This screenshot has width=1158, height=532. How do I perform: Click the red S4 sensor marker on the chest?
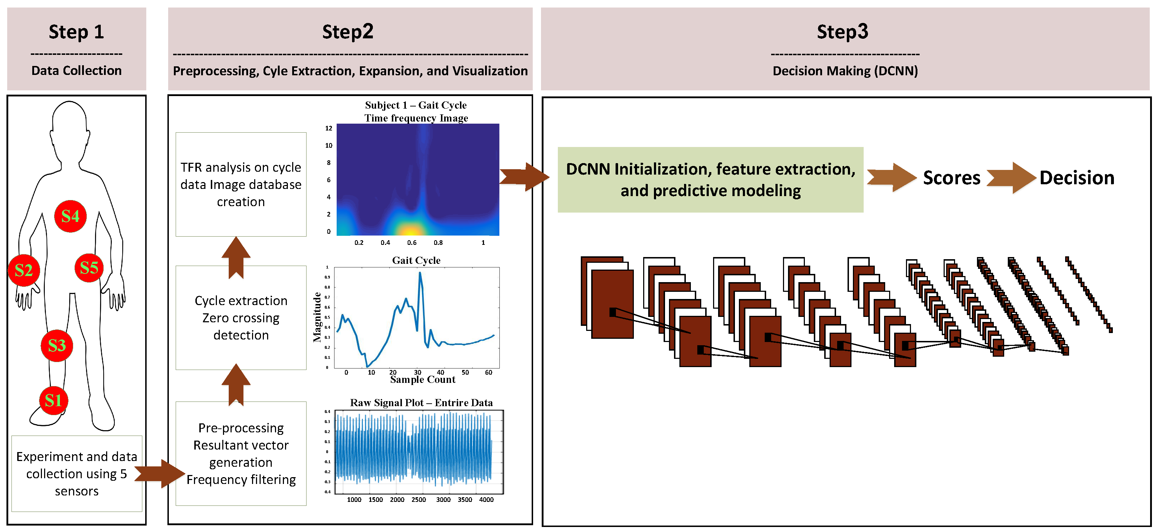(x=70, y=216)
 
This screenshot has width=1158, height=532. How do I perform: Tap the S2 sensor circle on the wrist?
(x=24, y=270)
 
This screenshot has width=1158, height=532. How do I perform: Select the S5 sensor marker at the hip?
(x=89, y=268)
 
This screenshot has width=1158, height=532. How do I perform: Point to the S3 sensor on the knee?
(x=57, y=345)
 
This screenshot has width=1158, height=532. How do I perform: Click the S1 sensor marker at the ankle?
(x=53, y=400)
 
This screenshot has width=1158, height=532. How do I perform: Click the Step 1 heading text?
(x=76, y=32)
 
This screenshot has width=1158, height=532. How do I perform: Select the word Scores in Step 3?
(x=951, y=178)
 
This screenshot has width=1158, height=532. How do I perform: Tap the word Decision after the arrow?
(x=1077, y=178)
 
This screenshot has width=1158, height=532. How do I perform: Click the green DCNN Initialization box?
(x=710, y=180)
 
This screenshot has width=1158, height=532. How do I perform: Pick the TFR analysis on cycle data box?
(x=241, y=184)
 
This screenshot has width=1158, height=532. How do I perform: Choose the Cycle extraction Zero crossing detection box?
(x=241, y=318)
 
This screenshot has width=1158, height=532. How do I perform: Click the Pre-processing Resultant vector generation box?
(x=241, y=453)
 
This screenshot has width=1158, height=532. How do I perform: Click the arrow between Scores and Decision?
(x=1011, y=178)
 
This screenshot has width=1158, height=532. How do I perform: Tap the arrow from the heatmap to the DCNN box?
(x=524, y=177)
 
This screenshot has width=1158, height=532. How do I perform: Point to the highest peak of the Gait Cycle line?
(x=420, y=273)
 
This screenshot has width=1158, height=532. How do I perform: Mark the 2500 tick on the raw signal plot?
(x=418, y=500)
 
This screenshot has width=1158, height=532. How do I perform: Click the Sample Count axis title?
(x=423, y=380)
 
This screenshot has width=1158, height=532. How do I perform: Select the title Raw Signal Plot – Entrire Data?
(x=421, y=403)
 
